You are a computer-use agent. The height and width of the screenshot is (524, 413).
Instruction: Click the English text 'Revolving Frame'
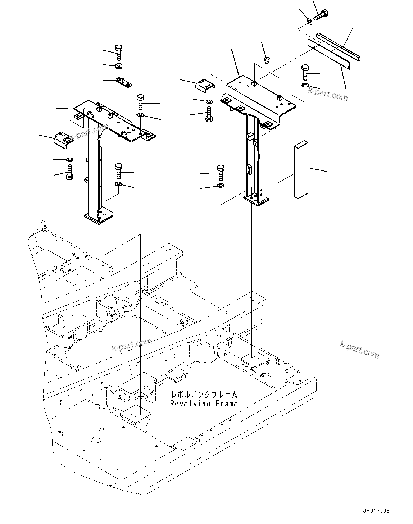point(204,404)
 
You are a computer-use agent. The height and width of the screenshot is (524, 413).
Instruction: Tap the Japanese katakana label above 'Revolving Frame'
point(204,395)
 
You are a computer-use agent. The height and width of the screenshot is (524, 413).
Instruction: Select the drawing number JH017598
point(376,511)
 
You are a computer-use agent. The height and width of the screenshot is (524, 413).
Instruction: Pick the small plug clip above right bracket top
point(267,60)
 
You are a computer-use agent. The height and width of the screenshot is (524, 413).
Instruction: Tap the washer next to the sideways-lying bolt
point(309,23)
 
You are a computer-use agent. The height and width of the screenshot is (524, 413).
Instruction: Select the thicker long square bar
point(339,47)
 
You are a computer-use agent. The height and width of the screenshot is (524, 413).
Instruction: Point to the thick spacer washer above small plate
point(118,66)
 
